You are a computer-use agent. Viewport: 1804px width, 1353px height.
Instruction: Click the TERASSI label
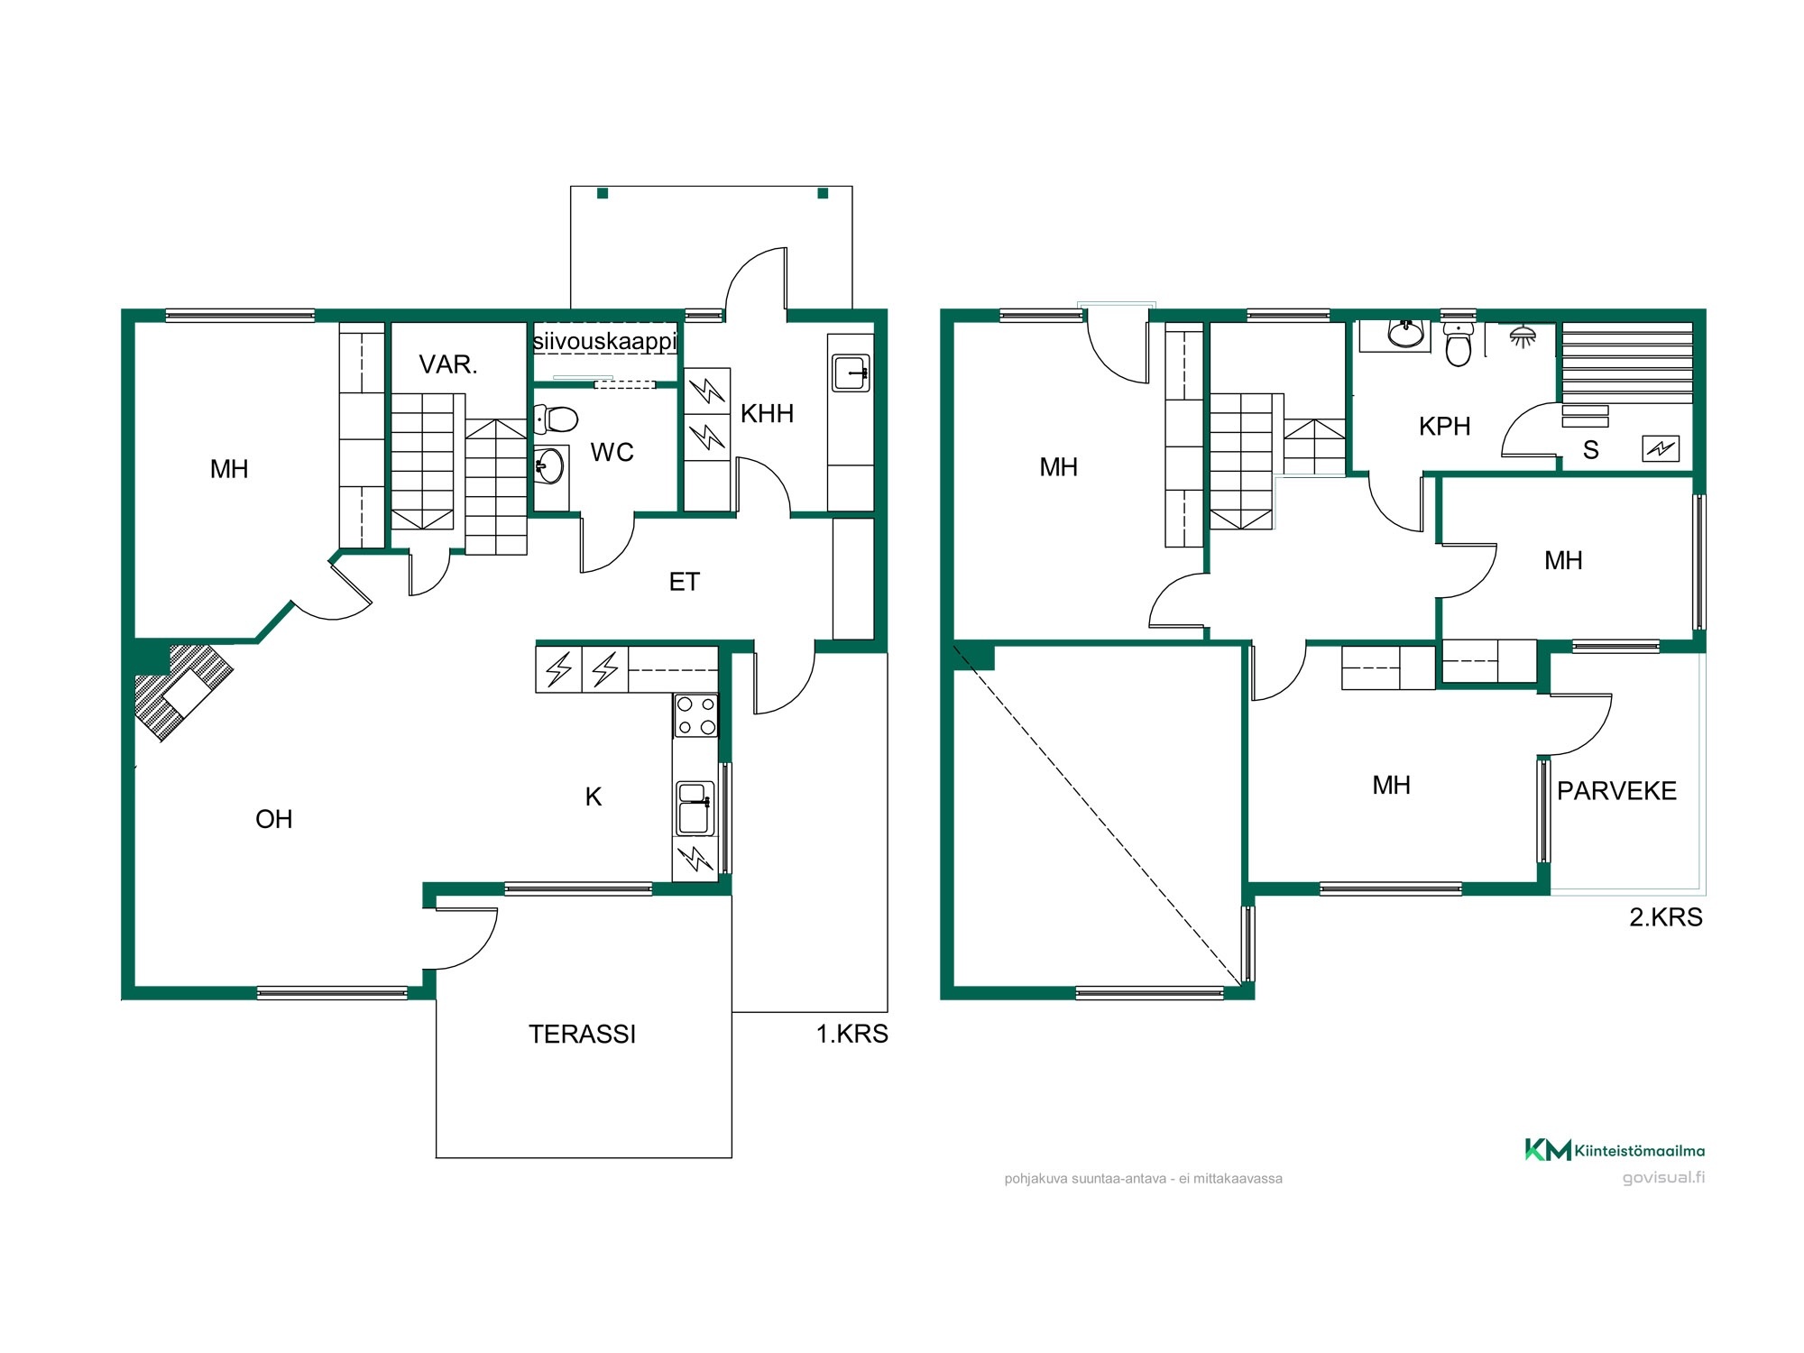[582, 1034]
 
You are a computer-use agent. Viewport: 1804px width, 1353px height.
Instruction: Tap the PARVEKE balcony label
[1616, 791]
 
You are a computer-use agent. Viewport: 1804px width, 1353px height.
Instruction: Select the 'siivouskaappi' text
[604, 342]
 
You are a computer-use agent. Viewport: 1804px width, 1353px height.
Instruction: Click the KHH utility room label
[767, 414]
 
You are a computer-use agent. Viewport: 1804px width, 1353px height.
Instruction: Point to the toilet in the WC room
[556, 419]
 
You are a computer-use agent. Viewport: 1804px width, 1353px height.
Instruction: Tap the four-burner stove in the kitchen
[695, 716]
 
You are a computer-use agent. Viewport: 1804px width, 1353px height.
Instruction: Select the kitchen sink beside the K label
[695, 808]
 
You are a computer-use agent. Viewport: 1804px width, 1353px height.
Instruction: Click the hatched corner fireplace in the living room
[182, 691]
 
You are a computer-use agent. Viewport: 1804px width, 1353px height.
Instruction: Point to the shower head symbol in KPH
[1523, 336]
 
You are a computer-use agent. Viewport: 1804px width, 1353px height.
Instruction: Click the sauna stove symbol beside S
[1661, 448]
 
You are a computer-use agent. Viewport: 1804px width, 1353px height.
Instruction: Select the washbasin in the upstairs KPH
[1405, 334]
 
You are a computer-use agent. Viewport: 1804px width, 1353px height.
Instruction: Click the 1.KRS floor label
[851, 1034]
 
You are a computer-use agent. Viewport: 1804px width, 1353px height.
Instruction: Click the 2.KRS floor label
[1666, 917]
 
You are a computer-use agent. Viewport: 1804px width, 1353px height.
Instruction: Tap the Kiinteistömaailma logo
[1615, 1150]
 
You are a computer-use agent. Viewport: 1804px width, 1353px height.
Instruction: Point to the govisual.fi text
[1663, 1177]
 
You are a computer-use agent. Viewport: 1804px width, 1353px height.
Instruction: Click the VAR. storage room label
[448, 364]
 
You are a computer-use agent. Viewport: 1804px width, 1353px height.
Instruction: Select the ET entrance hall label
[684, 582]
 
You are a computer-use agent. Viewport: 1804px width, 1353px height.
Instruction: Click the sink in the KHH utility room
[851, 373]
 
